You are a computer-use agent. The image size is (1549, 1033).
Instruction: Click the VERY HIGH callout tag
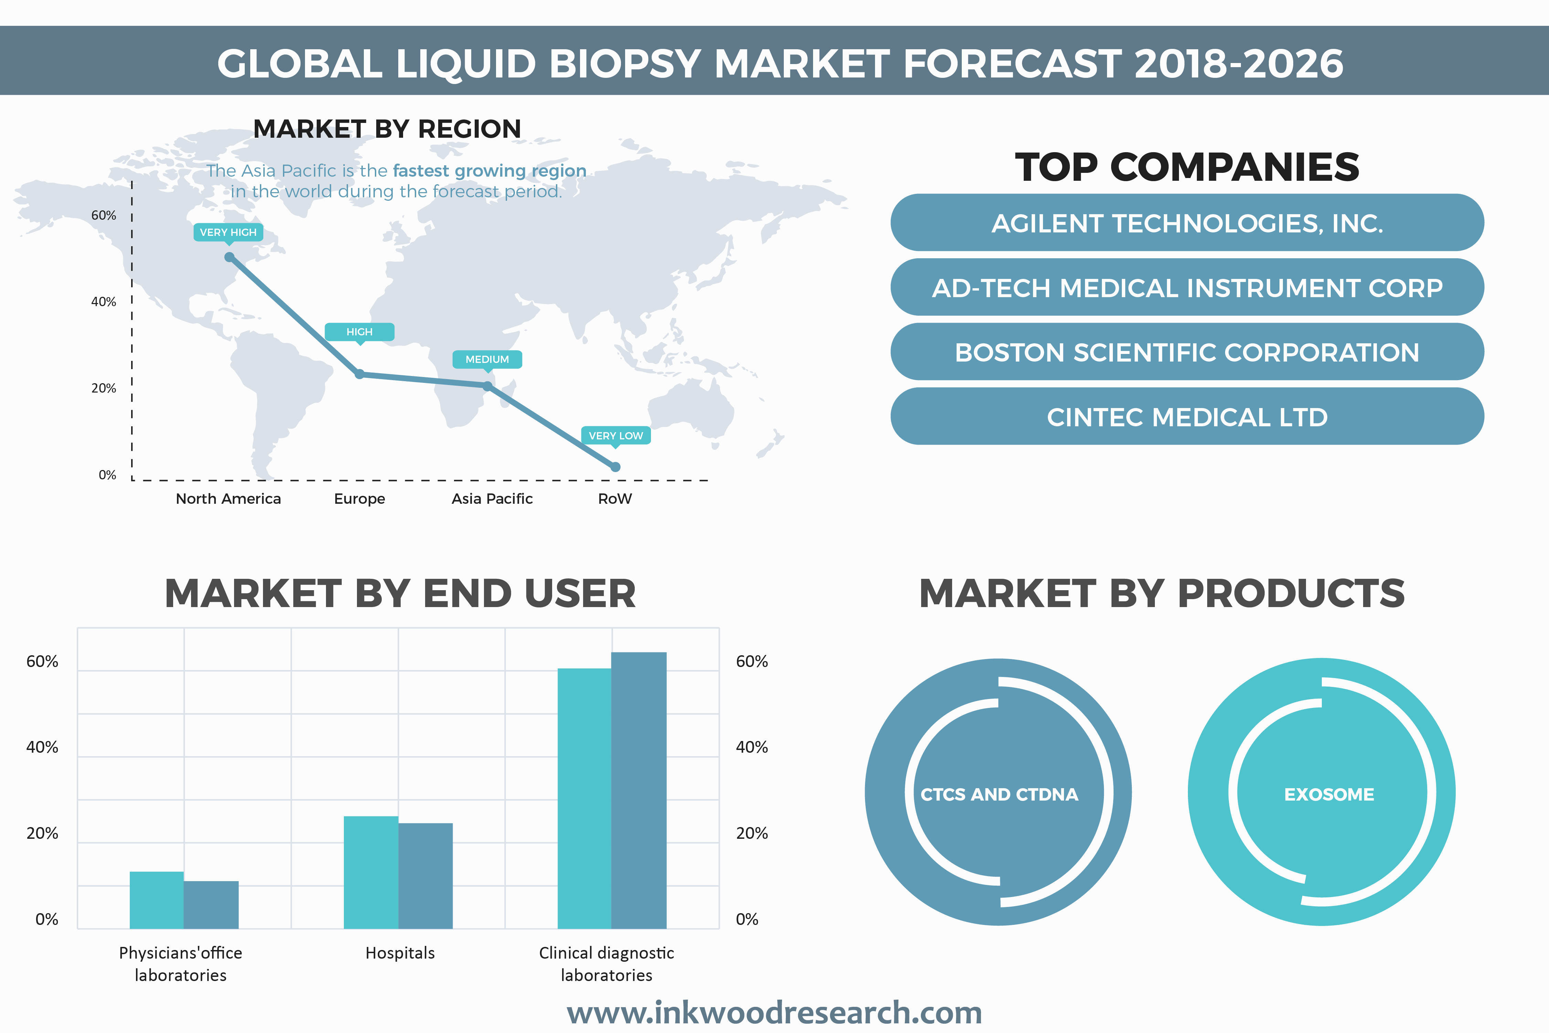(x=228, y=232)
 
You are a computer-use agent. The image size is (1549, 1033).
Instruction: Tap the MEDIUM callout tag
(x=487, y=359)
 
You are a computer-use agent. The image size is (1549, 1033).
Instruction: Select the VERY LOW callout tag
(x=615, y=436)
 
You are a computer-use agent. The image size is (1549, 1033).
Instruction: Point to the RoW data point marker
(x=615, y=467)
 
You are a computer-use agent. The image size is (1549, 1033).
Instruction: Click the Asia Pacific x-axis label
(x=492, y=499)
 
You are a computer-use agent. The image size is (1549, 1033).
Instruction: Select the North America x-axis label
(x=228, y=499)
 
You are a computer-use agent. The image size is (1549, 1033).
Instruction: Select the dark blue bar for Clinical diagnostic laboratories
(x=639, y=791)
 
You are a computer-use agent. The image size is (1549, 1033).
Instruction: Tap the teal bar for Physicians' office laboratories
(x=157, y=900)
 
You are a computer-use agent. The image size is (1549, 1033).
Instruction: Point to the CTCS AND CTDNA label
(x=999, y=794)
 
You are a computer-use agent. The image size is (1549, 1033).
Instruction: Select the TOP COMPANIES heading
(x=1187, y=167)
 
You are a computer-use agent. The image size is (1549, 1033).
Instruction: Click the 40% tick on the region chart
(x=103, y=302)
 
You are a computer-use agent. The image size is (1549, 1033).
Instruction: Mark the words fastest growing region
(x=489, y=171)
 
